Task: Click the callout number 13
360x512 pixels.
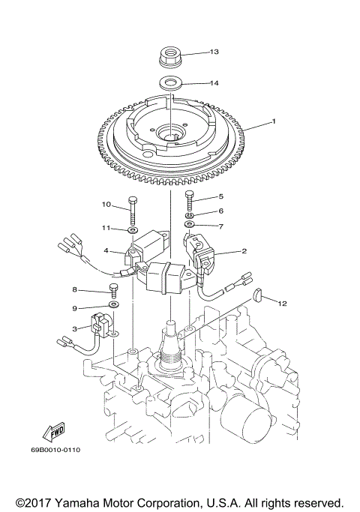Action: coord(214,52)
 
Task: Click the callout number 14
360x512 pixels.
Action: coord(214,83)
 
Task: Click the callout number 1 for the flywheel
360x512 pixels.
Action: coord(274,121)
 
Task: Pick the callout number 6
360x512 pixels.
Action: coord(220,211)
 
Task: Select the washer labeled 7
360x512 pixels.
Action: coord(190,223)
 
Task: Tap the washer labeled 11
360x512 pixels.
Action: coord(132,229)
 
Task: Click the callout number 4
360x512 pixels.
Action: coord(107,250)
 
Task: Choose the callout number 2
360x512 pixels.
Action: coord(244,252)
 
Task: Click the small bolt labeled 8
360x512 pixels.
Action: coord(114,290)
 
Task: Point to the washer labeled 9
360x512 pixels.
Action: coord(114,306)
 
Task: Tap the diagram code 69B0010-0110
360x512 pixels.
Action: coord(55,450)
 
